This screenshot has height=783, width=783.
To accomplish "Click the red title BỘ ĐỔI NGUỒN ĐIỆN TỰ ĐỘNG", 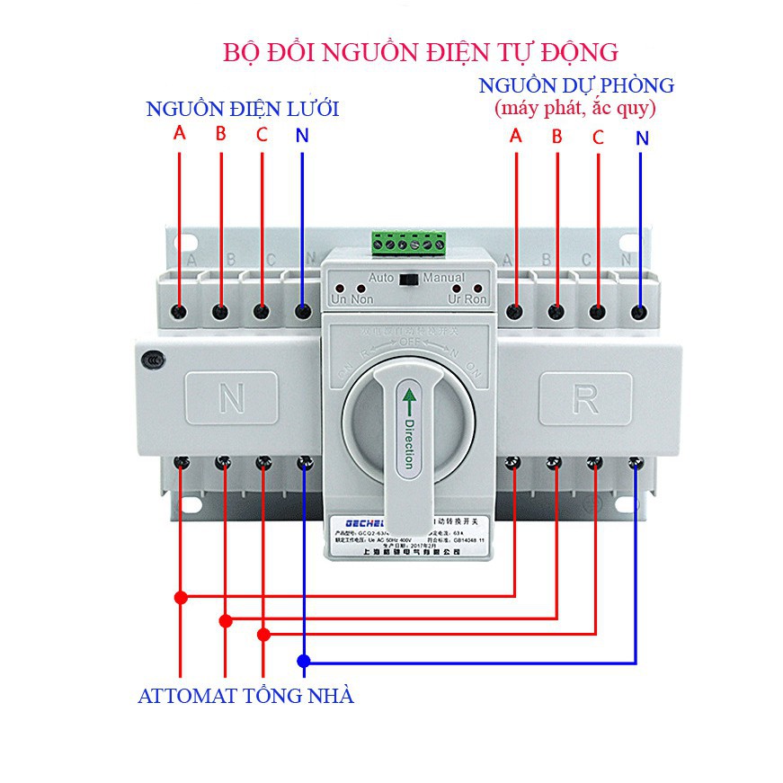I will click(x=421, y=49).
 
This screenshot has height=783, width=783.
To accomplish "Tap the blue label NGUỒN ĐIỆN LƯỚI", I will click(x=243, y=109).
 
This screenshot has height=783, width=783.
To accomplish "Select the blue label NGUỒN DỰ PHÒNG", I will click(x=576, y=86).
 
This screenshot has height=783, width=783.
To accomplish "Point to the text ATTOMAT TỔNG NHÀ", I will click(x=245, y=695).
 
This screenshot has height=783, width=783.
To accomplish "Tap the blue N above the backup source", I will click(x=641, y=138).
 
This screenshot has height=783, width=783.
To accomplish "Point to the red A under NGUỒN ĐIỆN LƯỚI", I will click(x=180, y=134).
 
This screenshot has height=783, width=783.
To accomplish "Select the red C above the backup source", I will click(x=598, y=138).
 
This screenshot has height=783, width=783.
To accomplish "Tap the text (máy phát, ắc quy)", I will click(x=574, y=109).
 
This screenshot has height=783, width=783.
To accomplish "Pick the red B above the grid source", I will click(x=220, y=136).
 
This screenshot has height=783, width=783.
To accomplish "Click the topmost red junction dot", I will click(x=181, y=597).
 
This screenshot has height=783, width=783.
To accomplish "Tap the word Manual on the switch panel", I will click(x=443, y=279).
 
